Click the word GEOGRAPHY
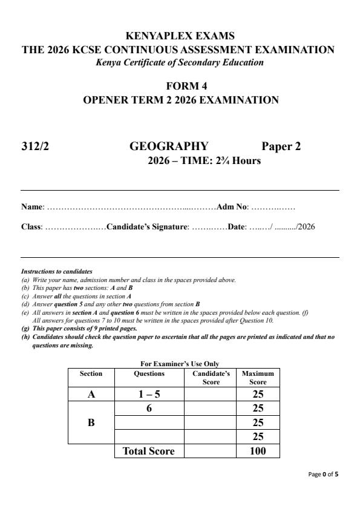pyautogui.click(x=169, y=146)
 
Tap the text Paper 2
pyautogui.click(x=281, y=146)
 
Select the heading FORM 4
pyautogui.click(x=180, y=87)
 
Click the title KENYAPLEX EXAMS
pyautogui.click(x=180, y=36)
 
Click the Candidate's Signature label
pyautogui.click(x=148, y=228)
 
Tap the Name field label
pyautogui.click(x=31, y=207)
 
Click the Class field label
pyautogui.click(x=31, y=228)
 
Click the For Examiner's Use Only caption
pyautogui.click(x=173, y=363)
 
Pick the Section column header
pyautogui.click(x=91, y=374)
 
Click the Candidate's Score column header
pyautogui.click(x=211, y=378)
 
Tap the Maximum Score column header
pyautogui.click(x=258, y=378)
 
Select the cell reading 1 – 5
pyautogui.click(x=149, y=394)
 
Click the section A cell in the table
pyautogui.click(x=91, y=394)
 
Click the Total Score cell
pyautogui.click(x=149, y=452)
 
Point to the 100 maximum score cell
pyautogui.click(x=258, y=452)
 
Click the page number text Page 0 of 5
pyautogui.click(x=324, y=474)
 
